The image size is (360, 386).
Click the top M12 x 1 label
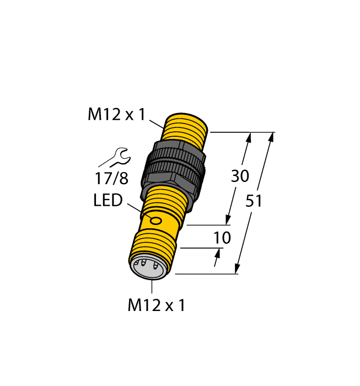[x=116, y=115]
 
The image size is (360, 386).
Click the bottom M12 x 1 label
[x=156, y=305]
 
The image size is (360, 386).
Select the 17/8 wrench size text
[x=112, y=179]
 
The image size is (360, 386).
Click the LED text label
[x=108, y=201]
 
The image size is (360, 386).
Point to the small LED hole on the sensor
[x=157, y=222]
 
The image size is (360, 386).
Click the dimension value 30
[x=239, y=176]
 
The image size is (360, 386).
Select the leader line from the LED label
[x=135, y=210]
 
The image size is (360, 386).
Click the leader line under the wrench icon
[x=106, y=164]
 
